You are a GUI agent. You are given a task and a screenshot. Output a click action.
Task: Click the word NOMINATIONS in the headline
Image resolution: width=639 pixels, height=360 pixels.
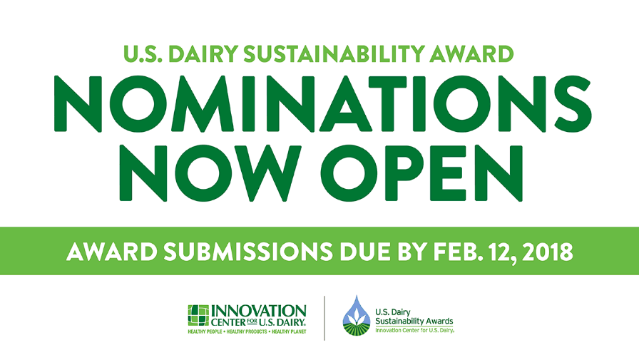322,104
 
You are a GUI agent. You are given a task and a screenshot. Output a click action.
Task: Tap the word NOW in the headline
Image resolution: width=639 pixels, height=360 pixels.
210,173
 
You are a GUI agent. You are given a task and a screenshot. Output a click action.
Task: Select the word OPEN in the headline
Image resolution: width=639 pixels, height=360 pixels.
421,173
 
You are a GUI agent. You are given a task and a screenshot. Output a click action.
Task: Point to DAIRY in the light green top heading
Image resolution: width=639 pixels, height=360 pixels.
203,53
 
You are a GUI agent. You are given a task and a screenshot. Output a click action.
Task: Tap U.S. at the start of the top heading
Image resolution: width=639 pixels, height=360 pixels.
143,53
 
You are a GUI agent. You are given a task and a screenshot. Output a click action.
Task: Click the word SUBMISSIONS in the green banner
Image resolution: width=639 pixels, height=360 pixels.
248,252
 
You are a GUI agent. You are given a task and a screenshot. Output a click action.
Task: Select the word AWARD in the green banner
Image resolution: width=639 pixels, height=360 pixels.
112,252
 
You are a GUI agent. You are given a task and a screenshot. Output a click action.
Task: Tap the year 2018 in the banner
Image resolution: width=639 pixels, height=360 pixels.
547,252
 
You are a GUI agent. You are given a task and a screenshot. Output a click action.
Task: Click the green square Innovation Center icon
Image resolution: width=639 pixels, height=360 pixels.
198,316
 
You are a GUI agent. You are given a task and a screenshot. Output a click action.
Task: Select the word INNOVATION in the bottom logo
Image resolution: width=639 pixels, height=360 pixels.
259,312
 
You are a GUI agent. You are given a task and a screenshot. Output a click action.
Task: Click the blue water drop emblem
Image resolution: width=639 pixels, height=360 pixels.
357,316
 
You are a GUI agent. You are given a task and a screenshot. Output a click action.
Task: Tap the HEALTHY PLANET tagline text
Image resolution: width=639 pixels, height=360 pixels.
289,332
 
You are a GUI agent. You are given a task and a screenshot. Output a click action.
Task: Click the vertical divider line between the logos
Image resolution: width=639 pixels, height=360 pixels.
324,318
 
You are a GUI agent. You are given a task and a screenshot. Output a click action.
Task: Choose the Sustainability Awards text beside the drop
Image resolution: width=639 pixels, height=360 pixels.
414,322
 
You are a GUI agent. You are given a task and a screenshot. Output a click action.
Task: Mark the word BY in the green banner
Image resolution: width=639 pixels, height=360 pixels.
411,252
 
